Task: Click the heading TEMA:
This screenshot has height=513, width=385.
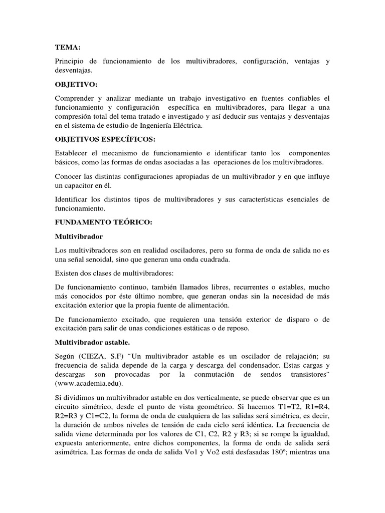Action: click(x=67, y=47)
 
